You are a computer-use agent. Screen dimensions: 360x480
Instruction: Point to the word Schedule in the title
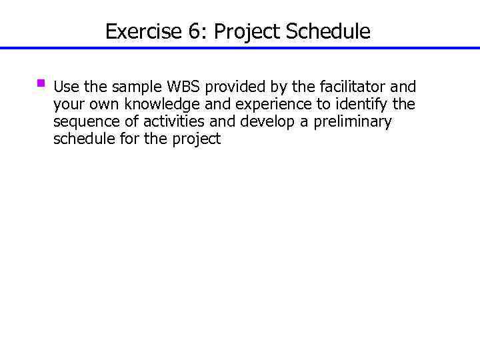(x=329, y=31)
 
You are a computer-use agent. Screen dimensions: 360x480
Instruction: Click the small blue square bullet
(x=41, y=84)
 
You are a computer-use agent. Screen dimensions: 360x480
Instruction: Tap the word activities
(x=175, y=121)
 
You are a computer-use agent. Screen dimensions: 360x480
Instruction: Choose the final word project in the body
(x=197, y=139)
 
